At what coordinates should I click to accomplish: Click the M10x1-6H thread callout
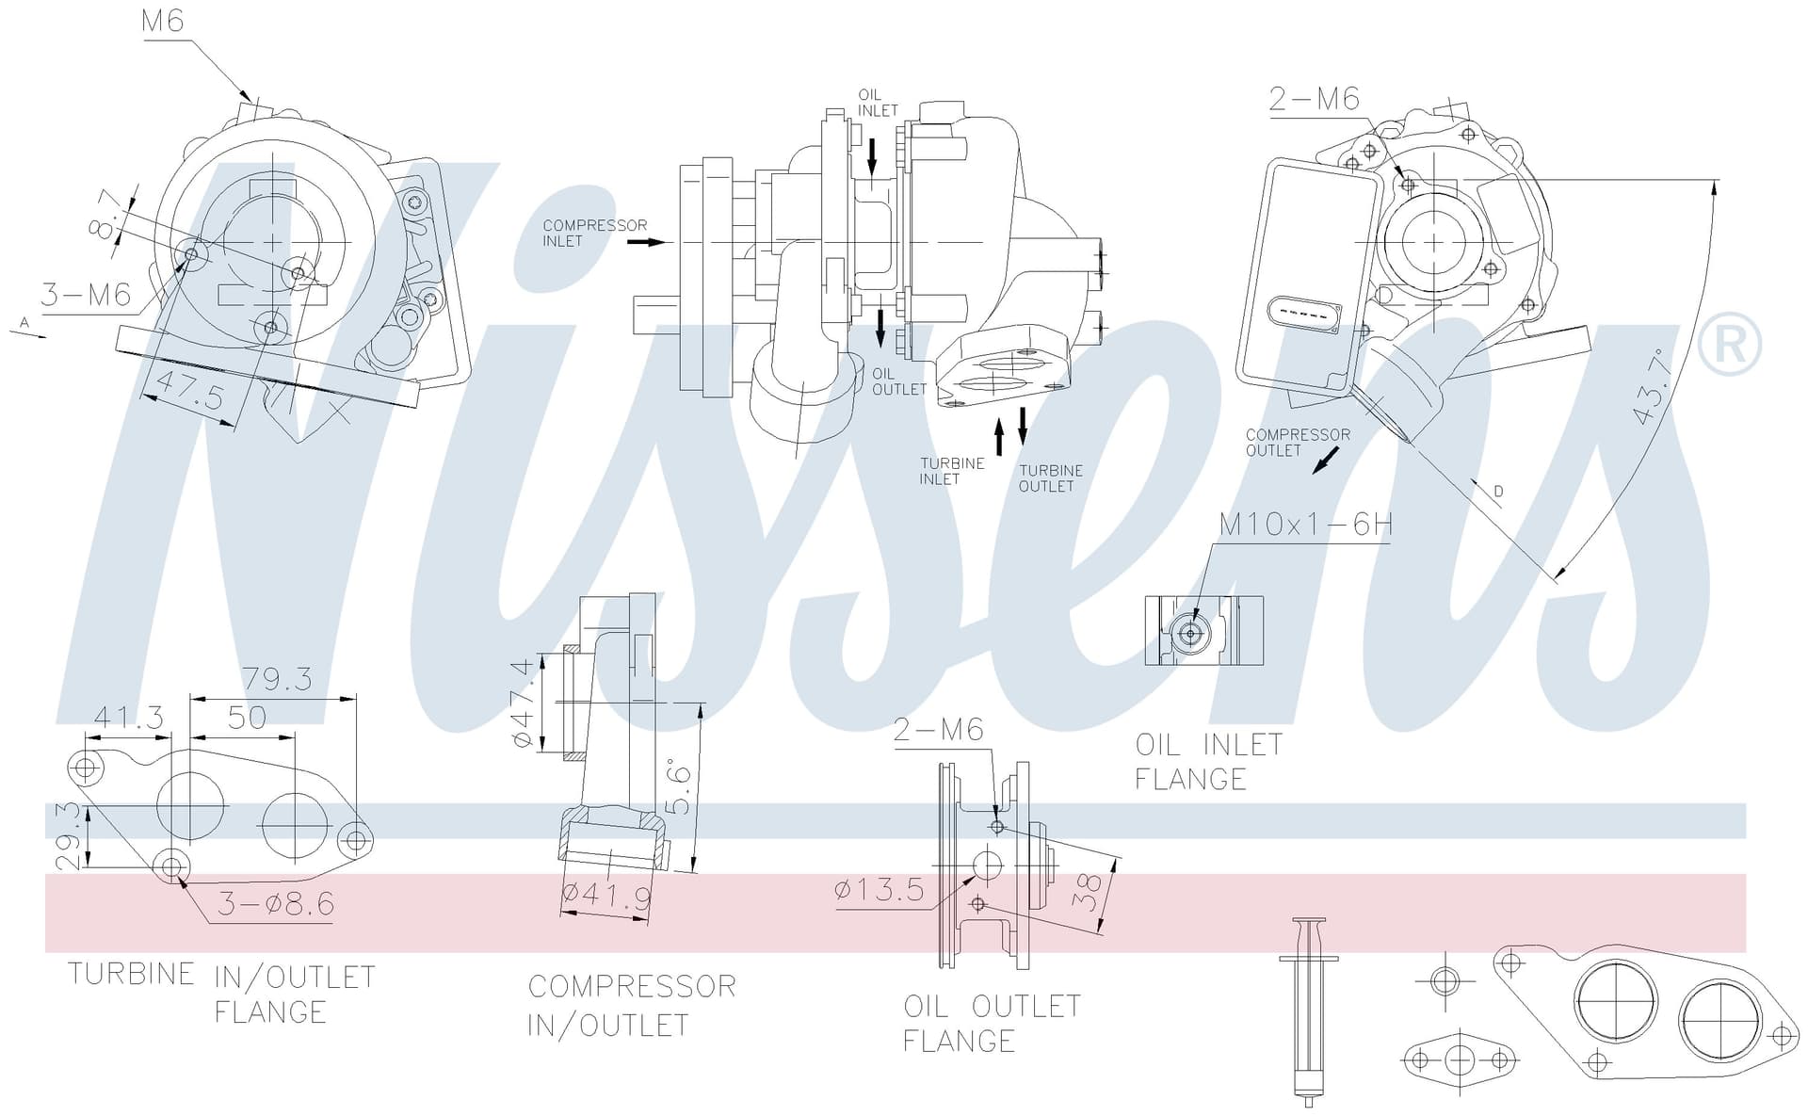[1305, 524]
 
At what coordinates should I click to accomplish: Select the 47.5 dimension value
[190, 390]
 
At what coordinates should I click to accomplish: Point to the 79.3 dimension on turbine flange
[277, 678]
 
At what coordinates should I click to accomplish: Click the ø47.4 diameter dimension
[523, 704]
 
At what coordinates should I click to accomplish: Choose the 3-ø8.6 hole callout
[276, 904]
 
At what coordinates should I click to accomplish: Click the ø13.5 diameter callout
[880, 889]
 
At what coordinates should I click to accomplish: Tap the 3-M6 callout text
[86, 295]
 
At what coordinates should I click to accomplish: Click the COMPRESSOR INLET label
[595, 233]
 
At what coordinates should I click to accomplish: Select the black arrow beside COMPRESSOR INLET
[646, 243]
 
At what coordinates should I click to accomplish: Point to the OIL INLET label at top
[878, 103]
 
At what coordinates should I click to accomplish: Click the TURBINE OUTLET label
[1051, 478]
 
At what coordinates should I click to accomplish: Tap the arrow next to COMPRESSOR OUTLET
[1326, 461]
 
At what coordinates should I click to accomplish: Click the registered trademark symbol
[1729, 345]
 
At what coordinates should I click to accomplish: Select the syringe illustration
[1308, 1011]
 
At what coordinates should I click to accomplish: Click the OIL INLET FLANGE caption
[1209, 762]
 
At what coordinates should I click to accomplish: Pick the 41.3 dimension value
[129, 718]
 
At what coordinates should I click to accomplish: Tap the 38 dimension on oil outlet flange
[1087, 892]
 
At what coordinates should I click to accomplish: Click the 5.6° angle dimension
[679, 786]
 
